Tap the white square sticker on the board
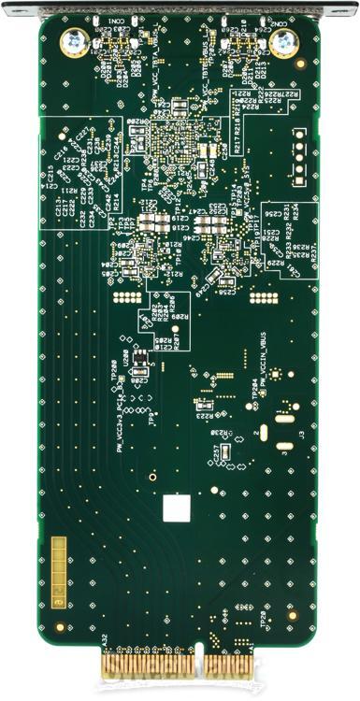175,508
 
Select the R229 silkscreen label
274,265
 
